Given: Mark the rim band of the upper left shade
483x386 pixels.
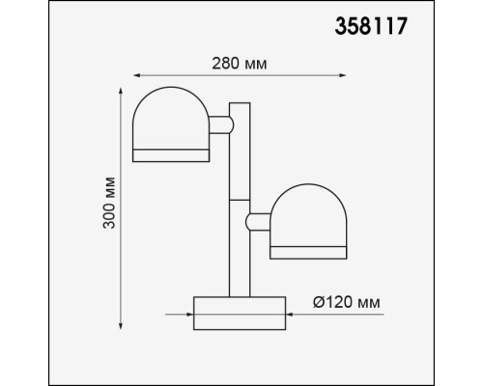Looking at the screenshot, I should [170, 155].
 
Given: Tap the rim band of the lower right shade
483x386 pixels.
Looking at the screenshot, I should [309, 253].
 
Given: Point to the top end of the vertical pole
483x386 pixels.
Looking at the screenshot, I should [240, 105].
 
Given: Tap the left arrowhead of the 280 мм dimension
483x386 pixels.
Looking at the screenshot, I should [136, 74].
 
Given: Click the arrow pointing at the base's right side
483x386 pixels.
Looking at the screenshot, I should [294, 314].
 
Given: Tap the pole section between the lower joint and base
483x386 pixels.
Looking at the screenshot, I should [240, 265].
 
